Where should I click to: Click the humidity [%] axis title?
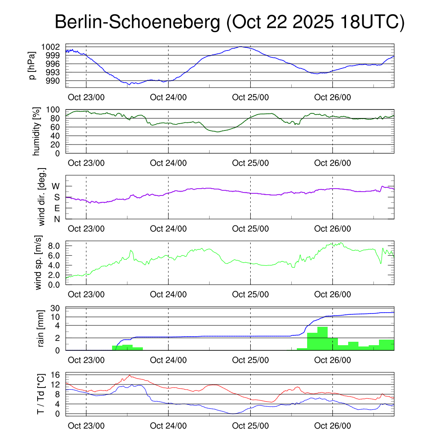pyautogui.click(x=37, y=131)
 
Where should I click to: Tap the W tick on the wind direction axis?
pyautogui.click(x=56, y=186)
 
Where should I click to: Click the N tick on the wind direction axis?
pyautogui.click(x=56, y=219)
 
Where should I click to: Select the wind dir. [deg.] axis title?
pyautogui.click(x=42, y=197)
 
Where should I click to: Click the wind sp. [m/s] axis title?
pyautogui.click(x=39, y=263)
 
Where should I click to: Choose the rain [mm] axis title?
pyautogui.click(x=41, y=328)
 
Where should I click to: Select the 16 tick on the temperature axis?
pyautogui.click(x=55, y=375)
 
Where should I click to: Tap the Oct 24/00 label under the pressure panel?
pyautogui.click(x=168, y=97)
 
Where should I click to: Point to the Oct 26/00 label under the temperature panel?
pyautogui.click(x=332, y=426)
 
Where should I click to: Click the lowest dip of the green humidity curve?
pyautogui.click(x=218, y=132)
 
